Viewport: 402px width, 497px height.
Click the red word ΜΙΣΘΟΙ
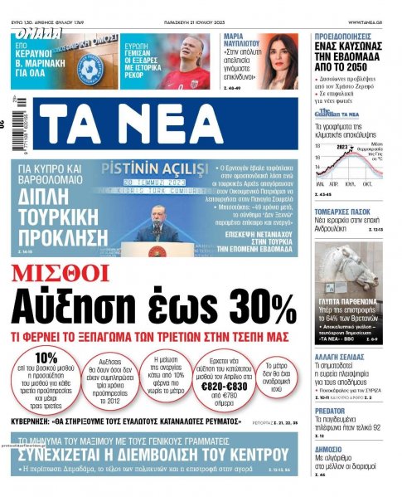click(x=58, y=271)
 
